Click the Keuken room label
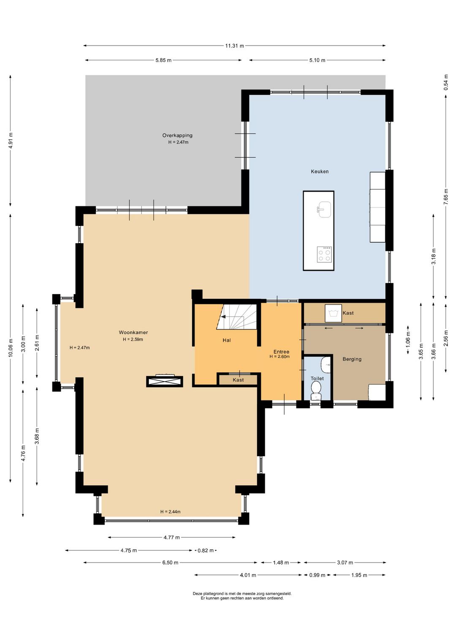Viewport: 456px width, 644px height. [x=319, y=171]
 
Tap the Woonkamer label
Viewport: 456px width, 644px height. [x=133, y=333]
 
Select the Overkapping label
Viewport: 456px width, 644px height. [x=177, y=135]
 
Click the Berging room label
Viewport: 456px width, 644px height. [x=352, y=359]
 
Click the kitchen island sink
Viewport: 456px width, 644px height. [x=324, y=210]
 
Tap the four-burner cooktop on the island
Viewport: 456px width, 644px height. [x=324, y=254]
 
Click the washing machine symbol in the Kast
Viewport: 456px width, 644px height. [x=333, y=313]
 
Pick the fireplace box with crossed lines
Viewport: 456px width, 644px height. [x=165, y=381]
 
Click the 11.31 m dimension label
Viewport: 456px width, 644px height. [x=234, y=46]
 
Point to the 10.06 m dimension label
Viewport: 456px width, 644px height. [x=11, y=348]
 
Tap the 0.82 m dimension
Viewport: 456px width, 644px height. [x=206, y=551]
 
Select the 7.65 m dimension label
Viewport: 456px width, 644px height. [x=446, y=197]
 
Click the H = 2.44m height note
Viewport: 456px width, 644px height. [x=170, y=512]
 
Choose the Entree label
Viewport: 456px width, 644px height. [x=281, y=352]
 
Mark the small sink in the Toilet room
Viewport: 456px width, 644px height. [x=326, y=363]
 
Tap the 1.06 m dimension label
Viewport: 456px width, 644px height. [x=408, y=340]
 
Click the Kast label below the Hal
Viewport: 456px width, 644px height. [x=238, y=380]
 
